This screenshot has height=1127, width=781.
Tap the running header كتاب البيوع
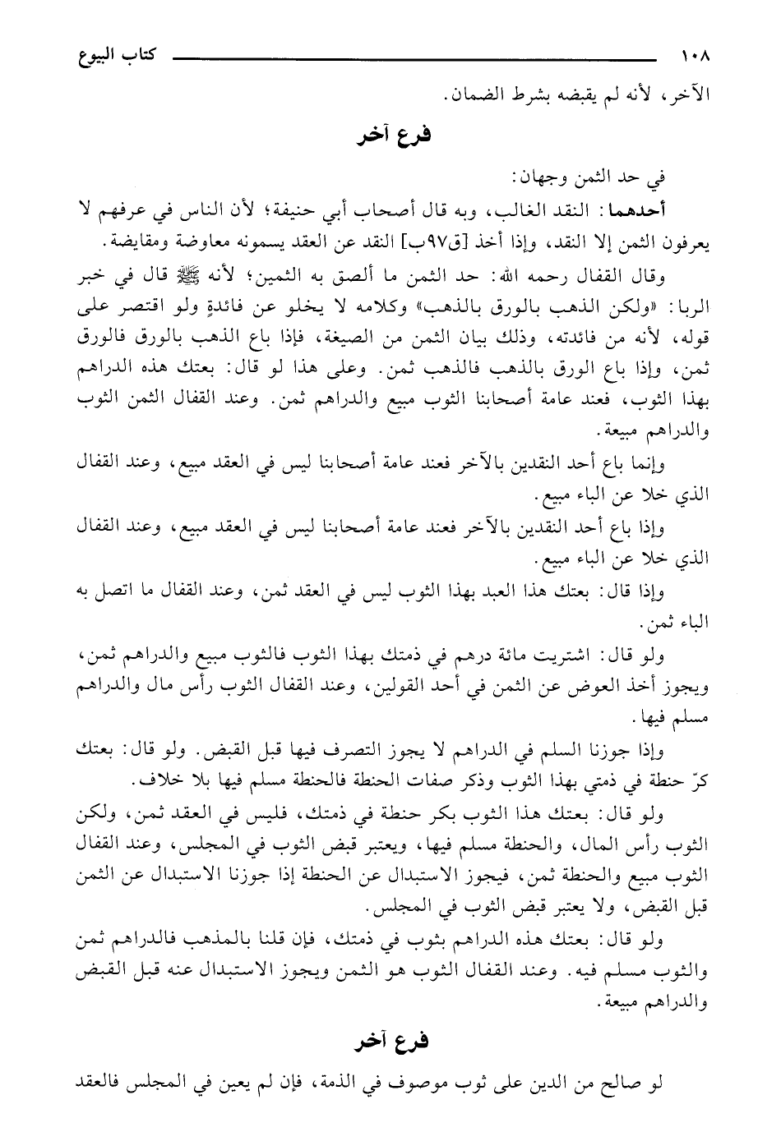coord(105,59)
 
